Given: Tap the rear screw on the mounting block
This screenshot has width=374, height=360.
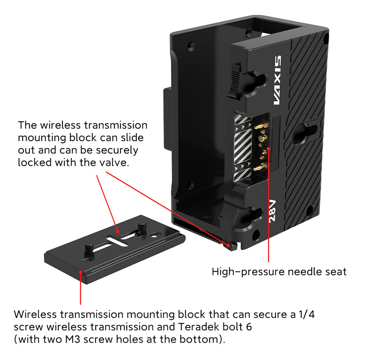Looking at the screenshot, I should point(141,228).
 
